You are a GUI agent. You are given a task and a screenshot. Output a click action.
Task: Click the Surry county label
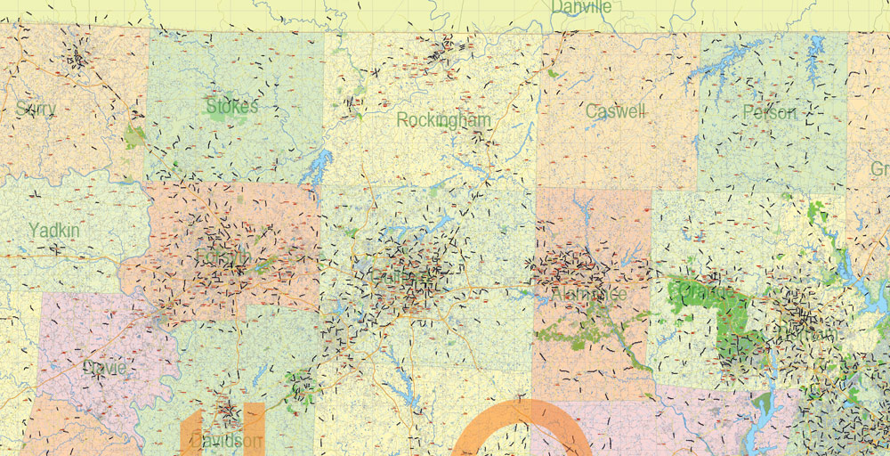(36, 109)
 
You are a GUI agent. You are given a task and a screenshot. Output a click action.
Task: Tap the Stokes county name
(231, 107)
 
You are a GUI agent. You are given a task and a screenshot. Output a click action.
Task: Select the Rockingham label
(443, 119)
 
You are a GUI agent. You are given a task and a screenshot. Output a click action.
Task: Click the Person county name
(770, 112)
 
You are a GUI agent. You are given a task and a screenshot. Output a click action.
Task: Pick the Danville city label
(581, 7)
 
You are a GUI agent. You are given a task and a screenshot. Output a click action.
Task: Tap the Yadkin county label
(53, 231)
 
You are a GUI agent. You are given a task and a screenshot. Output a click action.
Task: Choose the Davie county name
(103, 368)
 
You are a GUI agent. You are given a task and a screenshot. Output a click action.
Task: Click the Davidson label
(225, 441)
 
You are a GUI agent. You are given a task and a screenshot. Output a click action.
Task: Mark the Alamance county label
(588, 293)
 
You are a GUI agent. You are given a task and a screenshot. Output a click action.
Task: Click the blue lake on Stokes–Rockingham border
(318, 166)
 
